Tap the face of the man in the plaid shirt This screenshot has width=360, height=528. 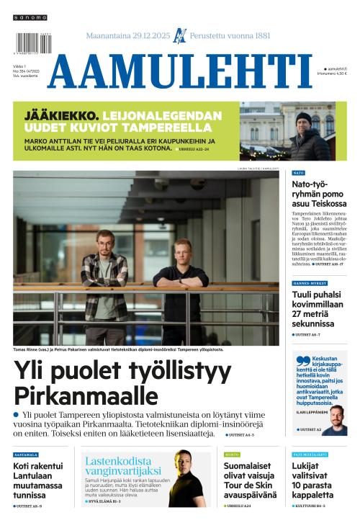click(105, 240)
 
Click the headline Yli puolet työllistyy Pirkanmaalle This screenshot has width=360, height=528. click(122, 382)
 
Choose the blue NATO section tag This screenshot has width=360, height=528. click(299, 174)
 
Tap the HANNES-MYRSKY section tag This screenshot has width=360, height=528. click(310, 283)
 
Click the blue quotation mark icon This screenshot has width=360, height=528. click(301, 359)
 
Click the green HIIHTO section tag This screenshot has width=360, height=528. click(231, 455)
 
